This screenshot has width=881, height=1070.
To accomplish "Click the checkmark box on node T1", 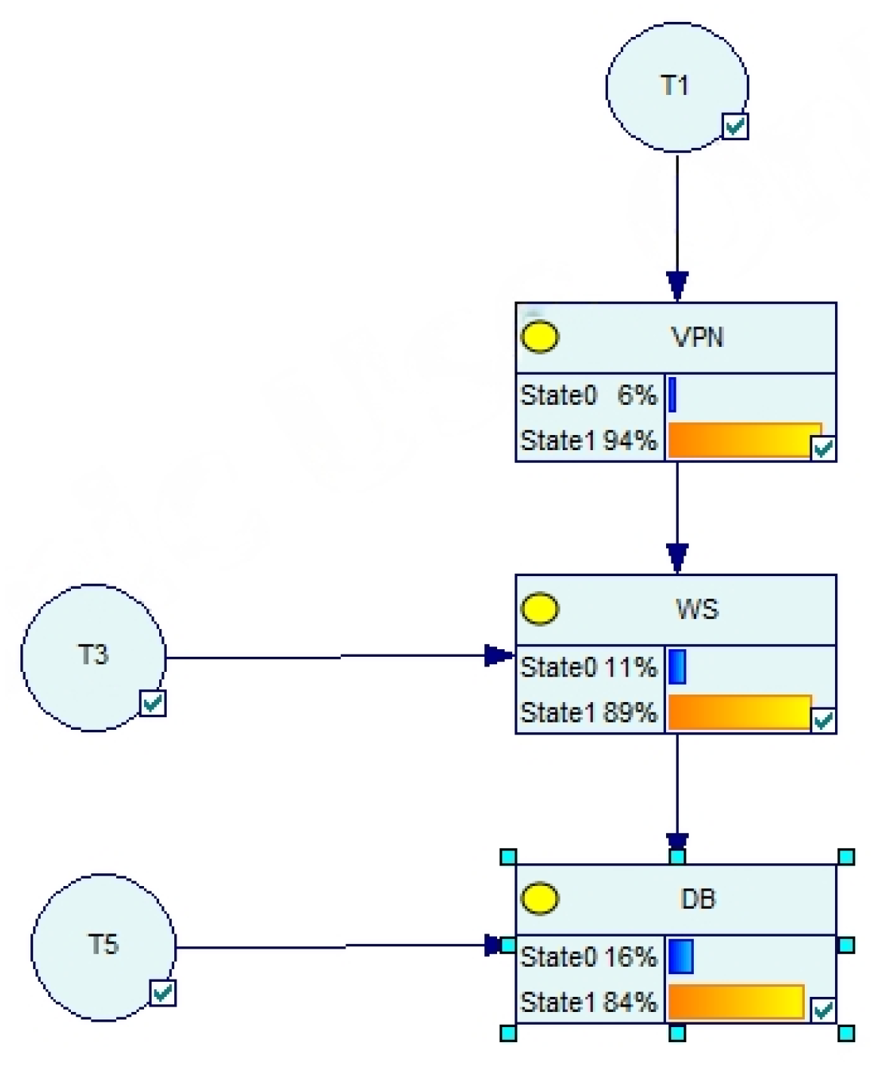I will click(x=735, y=126).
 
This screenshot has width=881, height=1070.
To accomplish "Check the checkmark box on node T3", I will click(x=152, y=703).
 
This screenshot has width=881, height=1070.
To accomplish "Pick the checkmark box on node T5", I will click(x=162, y=992).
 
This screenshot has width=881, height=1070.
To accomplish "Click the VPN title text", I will click(x=697, y=337).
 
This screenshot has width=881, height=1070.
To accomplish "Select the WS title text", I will click(x=697, y=609).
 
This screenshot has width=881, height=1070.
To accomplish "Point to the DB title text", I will click(x=698, y=899).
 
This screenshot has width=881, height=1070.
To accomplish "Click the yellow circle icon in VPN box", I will click(x=540, y=336).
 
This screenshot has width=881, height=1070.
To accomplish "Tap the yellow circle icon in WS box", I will click(x=540, y=609).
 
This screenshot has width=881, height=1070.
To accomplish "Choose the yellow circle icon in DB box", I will click(x=540, y=898).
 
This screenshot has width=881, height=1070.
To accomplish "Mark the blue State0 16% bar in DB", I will click(x=680, y=956).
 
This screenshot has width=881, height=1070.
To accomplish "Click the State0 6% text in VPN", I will click(x=588, y=395).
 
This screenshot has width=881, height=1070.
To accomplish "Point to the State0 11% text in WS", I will click(x=588, y=667).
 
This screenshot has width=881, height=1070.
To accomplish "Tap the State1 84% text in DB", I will click(x=588, y=1002).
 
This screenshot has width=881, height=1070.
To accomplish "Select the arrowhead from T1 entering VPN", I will click(x=677, y=286).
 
